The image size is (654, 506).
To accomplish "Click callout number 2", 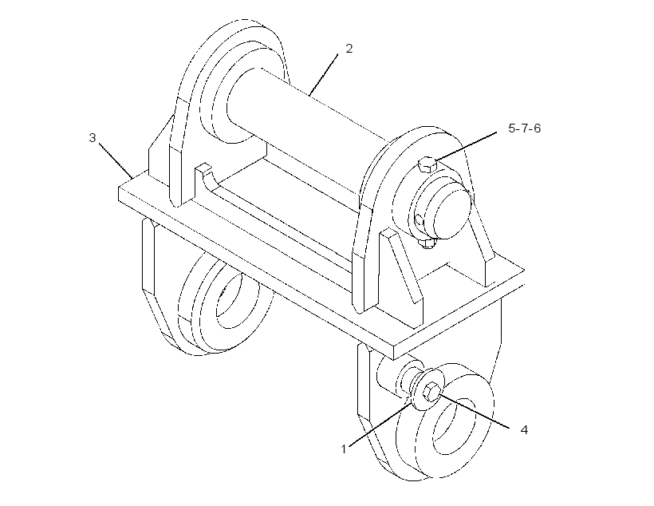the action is [x=349, y=49].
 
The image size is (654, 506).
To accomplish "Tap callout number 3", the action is [x=93, y=137].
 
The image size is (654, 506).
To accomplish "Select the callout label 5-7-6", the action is [x=524, y=128].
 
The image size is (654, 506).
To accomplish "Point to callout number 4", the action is [x=524, y=429].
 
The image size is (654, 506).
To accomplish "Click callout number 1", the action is [x=344, y=449].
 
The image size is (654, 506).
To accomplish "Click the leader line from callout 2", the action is [x=324, y=74].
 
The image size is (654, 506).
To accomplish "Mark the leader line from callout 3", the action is [x=116, y=160].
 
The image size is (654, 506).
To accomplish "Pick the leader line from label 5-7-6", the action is [x=466, y=147].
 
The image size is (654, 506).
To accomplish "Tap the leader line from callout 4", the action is [x=474, y=411].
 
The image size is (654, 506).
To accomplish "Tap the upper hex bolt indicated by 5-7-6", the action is [x=427, y=164].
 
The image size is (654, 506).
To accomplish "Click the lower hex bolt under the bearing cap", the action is [x=427, y=243].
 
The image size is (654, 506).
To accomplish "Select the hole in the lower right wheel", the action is [x=453, y=426].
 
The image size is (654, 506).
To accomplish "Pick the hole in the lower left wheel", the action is [x=229, y=300].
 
